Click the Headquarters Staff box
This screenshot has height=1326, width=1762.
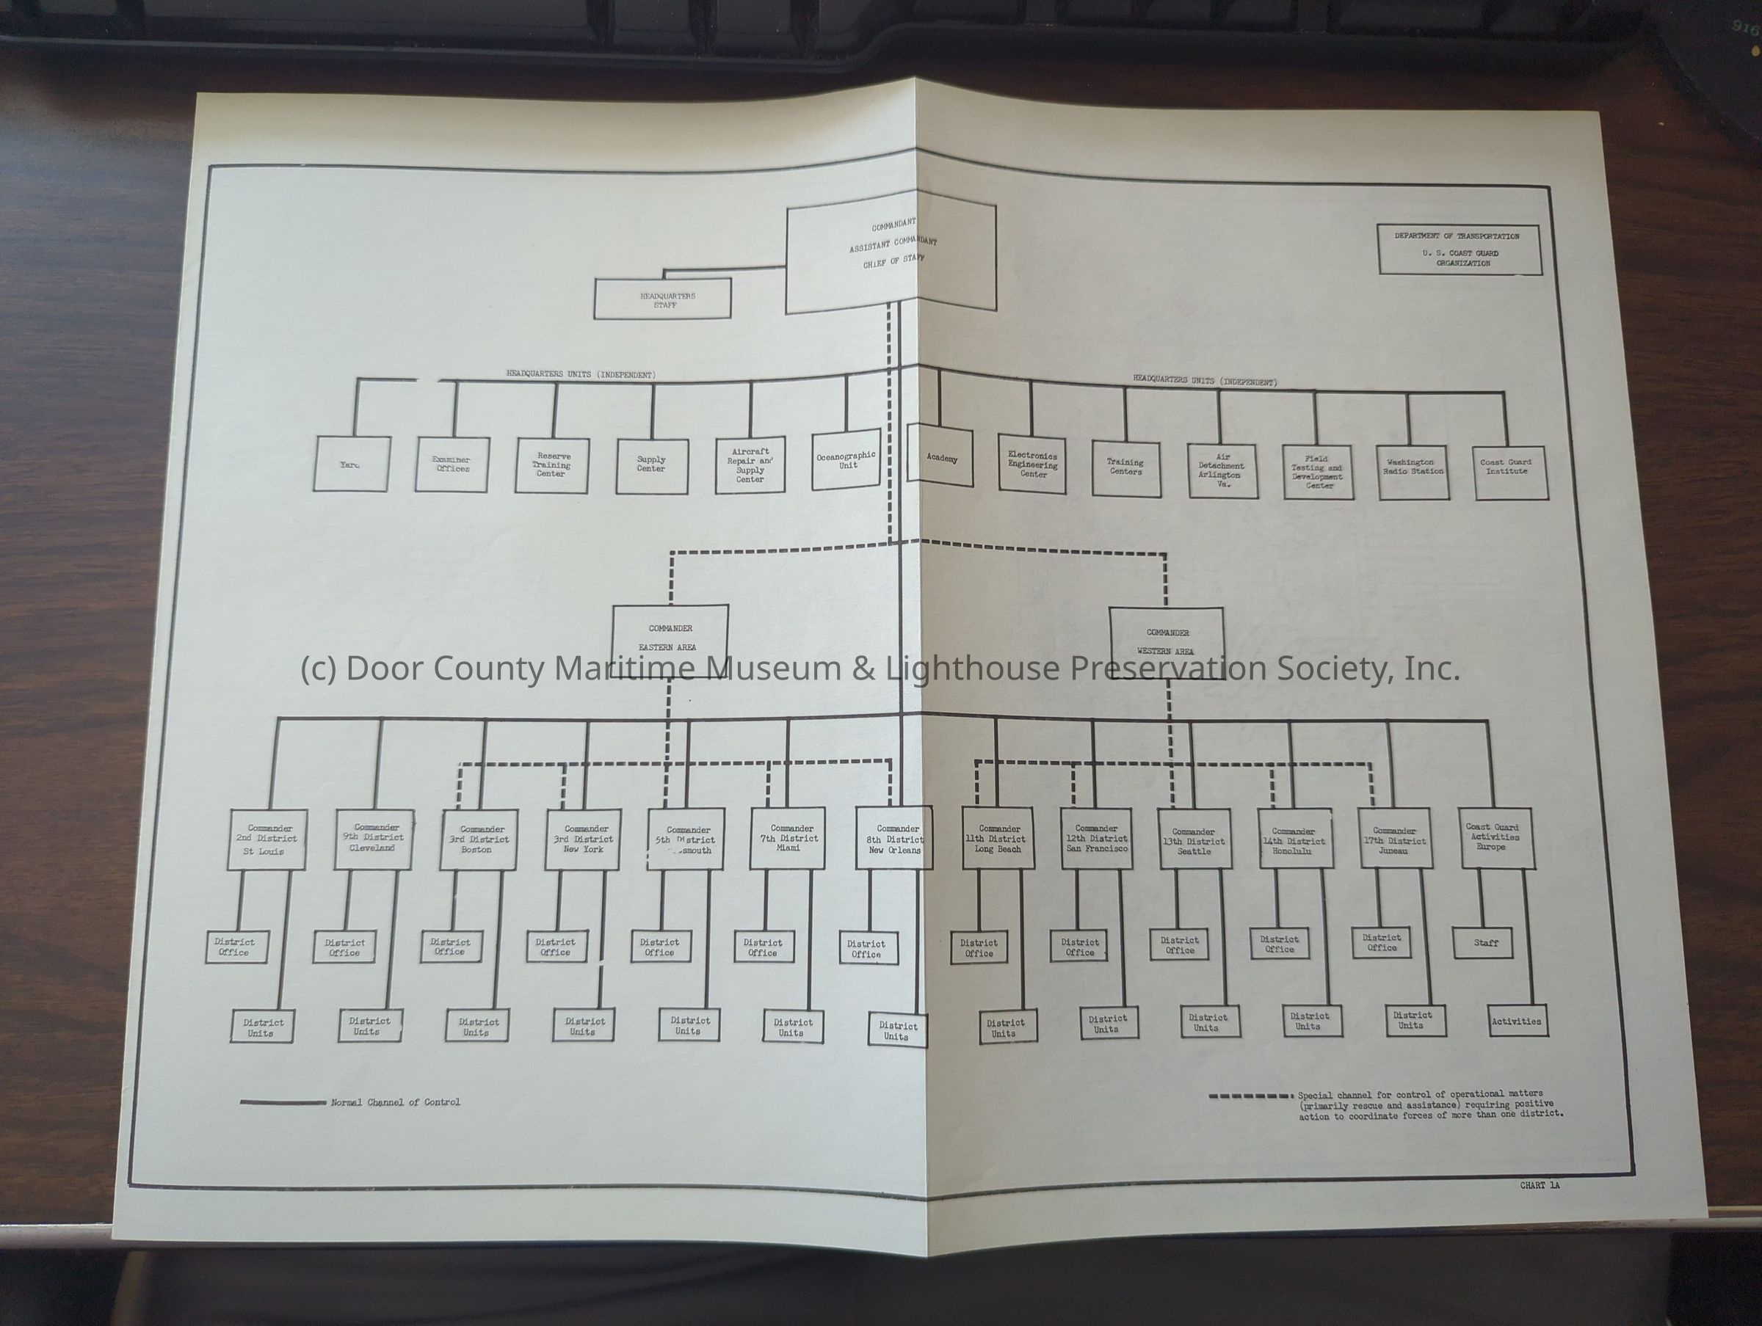coord(662,299)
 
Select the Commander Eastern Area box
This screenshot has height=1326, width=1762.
coord(670,639)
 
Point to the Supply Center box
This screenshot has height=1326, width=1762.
coord(652,465)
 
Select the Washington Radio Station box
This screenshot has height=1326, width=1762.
coord(1413,471)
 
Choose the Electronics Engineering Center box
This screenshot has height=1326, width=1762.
coord(1032,465)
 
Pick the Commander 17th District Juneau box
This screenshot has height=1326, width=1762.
coord(1395,839)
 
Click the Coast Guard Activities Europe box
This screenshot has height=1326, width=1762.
coord(1496,838)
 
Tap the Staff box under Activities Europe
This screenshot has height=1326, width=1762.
coord(1483,943)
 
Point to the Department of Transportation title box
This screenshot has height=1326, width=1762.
coord(1460,249)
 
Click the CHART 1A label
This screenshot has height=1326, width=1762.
coord(1539,1186)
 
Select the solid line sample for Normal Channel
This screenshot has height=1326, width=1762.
coord(283,1103)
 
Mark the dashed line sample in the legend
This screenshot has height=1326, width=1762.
coord(1250,1096)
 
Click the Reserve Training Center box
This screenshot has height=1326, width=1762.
coord(552,465)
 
